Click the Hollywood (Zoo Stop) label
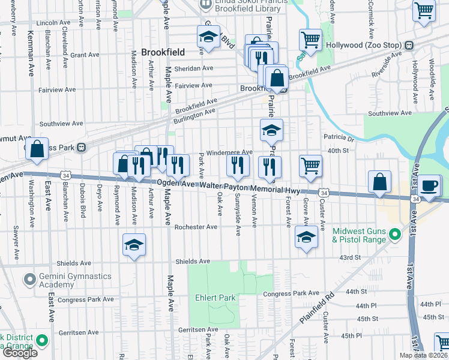point(364,46)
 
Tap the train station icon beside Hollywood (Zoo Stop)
point(408,46)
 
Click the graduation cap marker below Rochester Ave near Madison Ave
point(134,244)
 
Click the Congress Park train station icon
point(82,147)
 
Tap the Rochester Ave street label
point(196,227)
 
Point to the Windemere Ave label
point(229,152)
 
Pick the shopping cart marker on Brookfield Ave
point(310,41)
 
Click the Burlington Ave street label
point(194,112)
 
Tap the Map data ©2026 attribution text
point(424,355)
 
